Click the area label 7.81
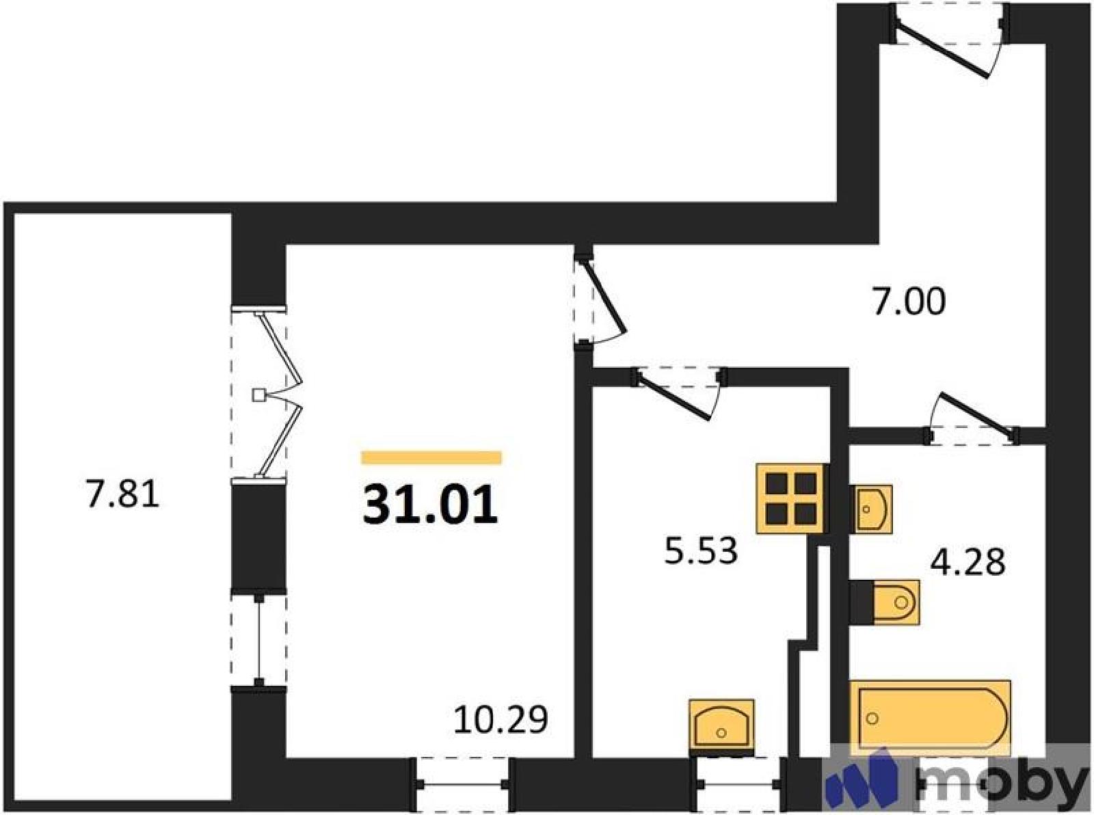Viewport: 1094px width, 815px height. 123,496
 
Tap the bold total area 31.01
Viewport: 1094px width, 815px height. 431,503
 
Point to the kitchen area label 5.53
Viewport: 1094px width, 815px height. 702,552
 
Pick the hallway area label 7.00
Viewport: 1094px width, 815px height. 909,303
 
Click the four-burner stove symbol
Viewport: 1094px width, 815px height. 790,498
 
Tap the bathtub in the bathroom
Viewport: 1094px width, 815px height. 931,719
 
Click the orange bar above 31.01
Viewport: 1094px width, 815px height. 431,457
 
